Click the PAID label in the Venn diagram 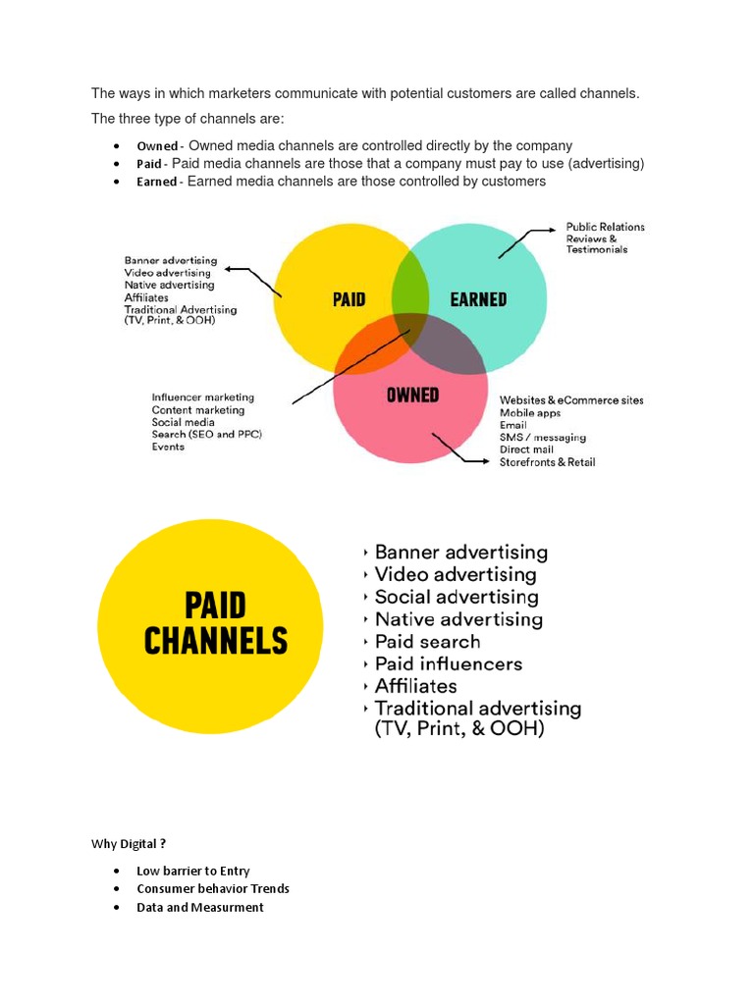349,299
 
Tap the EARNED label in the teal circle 478,299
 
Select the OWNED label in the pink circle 412,396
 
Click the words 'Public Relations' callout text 605,227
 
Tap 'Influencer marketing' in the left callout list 202,397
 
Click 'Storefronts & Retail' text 547,462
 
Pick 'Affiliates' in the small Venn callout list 146,297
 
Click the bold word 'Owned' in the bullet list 157,146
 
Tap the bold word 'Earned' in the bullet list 157,182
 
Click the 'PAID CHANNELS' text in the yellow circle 215,623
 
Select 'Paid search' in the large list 427,642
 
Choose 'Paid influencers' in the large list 448,664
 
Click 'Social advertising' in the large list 457,597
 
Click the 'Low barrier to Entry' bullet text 193,871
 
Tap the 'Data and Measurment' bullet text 200,908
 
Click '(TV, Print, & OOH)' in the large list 458,730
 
